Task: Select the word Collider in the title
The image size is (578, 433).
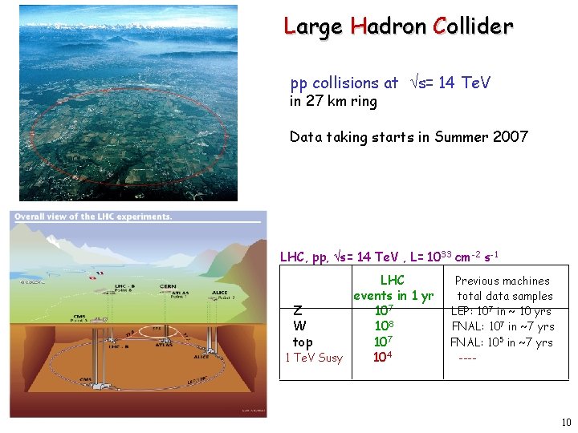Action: [x=472, y=26]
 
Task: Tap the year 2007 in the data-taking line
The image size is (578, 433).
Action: [x=511, y=136]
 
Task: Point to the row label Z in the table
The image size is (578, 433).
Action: [x=298, y=311]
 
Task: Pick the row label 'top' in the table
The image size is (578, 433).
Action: [x=303, y=342]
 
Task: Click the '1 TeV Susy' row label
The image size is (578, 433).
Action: [x=314, y=358]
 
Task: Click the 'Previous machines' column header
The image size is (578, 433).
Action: [x=502, y=281]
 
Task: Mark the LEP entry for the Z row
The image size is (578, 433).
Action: [x=502, y=311]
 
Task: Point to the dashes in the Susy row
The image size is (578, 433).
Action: [x=467, y=358]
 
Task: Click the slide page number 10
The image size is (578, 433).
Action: [x=566, y=423]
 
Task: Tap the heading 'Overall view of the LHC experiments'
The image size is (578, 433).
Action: [x=93, y=216]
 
